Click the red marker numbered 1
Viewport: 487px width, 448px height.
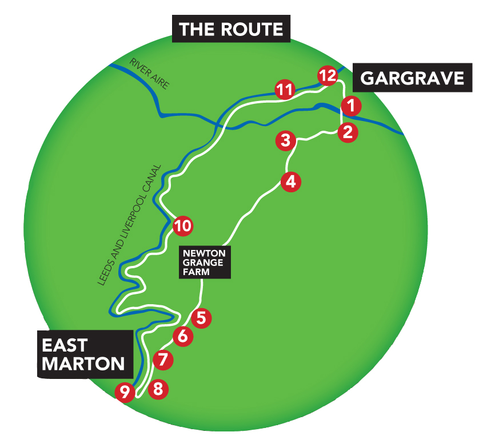(x=351, y=106)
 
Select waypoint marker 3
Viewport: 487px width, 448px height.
(x=286, y=140)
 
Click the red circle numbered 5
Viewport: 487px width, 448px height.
(x=201, y=317)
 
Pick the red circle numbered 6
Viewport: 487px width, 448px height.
(x=182, y=337)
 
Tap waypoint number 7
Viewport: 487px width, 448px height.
(x=163, y=360)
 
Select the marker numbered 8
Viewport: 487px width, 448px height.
(x=158, y=390)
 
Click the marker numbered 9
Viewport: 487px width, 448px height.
(x=125, y=392)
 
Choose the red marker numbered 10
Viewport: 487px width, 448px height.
(x=182, y=226)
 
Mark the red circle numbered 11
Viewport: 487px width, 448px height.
(x=285, y=90)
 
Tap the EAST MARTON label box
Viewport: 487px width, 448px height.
(x=82, y=354)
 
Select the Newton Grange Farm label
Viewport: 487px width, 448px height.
(x=205, y=262)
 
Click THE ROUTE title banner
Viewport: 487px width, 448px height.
(x=231, y=29)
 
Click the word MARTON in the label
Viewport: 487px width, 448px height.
(x=83, y=364)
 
